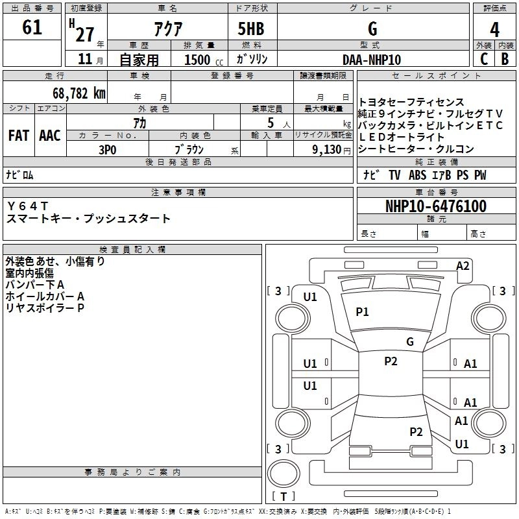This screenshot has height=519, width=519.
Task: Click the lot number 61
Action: [x=32, y=28]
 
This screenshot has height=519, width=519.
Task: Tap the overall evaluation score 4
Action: [x=494, y=29]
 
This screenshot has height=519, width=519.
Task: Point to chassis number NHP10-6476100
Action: [x=435, y=207]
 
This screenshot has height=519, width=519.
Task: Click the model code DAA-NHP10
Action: [x=372, y=60]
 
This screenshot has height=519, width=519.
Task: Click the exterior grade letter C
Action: [x=483, y=59]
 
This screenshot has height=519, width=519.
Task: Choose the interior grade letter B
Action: [x=505, y=59]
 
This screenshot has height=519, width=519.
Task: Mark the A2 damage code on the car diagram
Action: [x=463, y=265]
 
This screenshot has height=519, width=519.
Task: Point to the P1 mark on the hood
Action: [x=362, y=312]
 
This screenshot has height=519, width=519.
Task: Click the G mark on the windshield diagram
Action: [x=409, y=342]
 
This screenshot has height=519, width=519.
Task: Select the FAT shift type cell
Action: [x=19, y=135]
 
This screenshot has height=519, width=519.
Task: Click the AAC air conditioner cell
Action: [x=49, y=135]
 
